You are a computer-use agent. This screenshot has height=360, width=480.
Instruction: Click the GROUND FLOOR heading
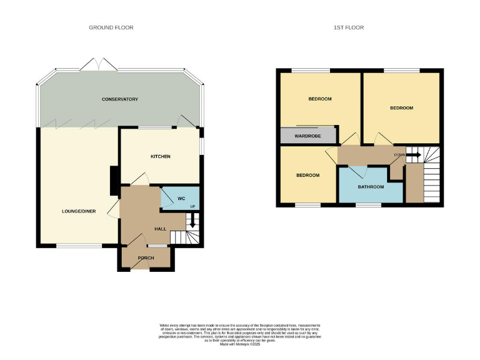tap(111, 27)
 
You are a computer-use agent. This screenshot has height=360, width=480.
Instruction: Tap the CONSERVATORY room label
tap(120, 99)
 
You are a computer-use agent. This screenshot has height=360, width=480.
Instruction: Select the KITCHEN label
tap(161, 156)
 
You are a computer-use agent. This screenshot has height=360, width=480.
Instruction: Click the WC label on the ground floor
tap(181, 199)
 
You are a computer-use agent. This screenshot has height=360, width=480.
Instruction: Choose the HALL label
tap(160, 229)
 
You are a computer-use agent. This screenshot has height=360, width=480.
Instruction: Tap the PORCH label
tap(146, 257)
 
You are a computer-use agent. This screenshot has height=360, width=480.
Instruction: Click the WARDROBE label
tap(307, 135)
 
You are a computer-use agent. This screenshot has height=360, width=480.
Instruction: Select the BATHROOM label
tap(371, 187)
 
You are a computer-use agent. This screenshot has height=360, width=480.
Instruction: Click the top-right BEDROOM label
tap(402, 108)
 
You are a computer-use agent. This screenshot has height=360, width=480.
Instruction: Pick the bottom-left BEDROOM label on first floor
tap(307, 175)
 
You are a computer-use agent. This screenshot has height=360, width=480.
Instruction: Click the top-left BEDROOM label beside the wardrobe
tap(319, 99)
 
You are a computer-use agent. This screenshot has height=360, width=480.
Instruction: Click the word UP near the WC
tap(192, 206)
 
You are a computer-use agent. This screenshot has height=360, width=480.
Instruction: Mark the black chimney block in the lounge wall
tap(114, 181)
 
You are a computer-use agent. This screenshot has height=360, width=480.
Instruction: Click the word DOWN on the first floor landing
tap(399, 154)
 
